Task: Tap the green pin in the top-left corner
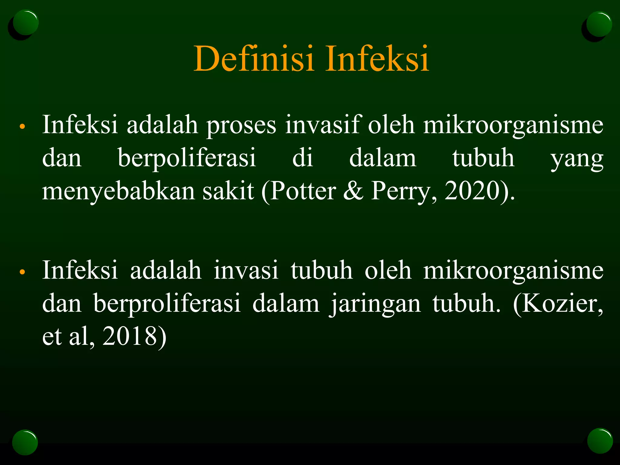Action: coord(25,23)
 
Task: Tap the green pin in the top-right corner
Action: coord(599,24)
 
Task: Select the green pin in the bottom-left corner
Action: coord(25,442)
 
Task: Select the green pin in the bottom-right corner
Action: coord(600,441)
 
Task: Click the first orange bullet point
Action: coord(22,127)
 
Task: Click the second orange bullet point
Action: coord(22,272)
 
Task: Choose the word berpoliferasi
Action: coord(187,158)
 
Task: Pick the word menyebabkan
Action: coord(118,191)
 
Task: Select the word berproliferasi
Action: coord(167,303)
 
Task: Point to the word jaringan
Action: coord(375,304)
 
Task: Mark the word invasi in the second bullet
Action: coord(246,270)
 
